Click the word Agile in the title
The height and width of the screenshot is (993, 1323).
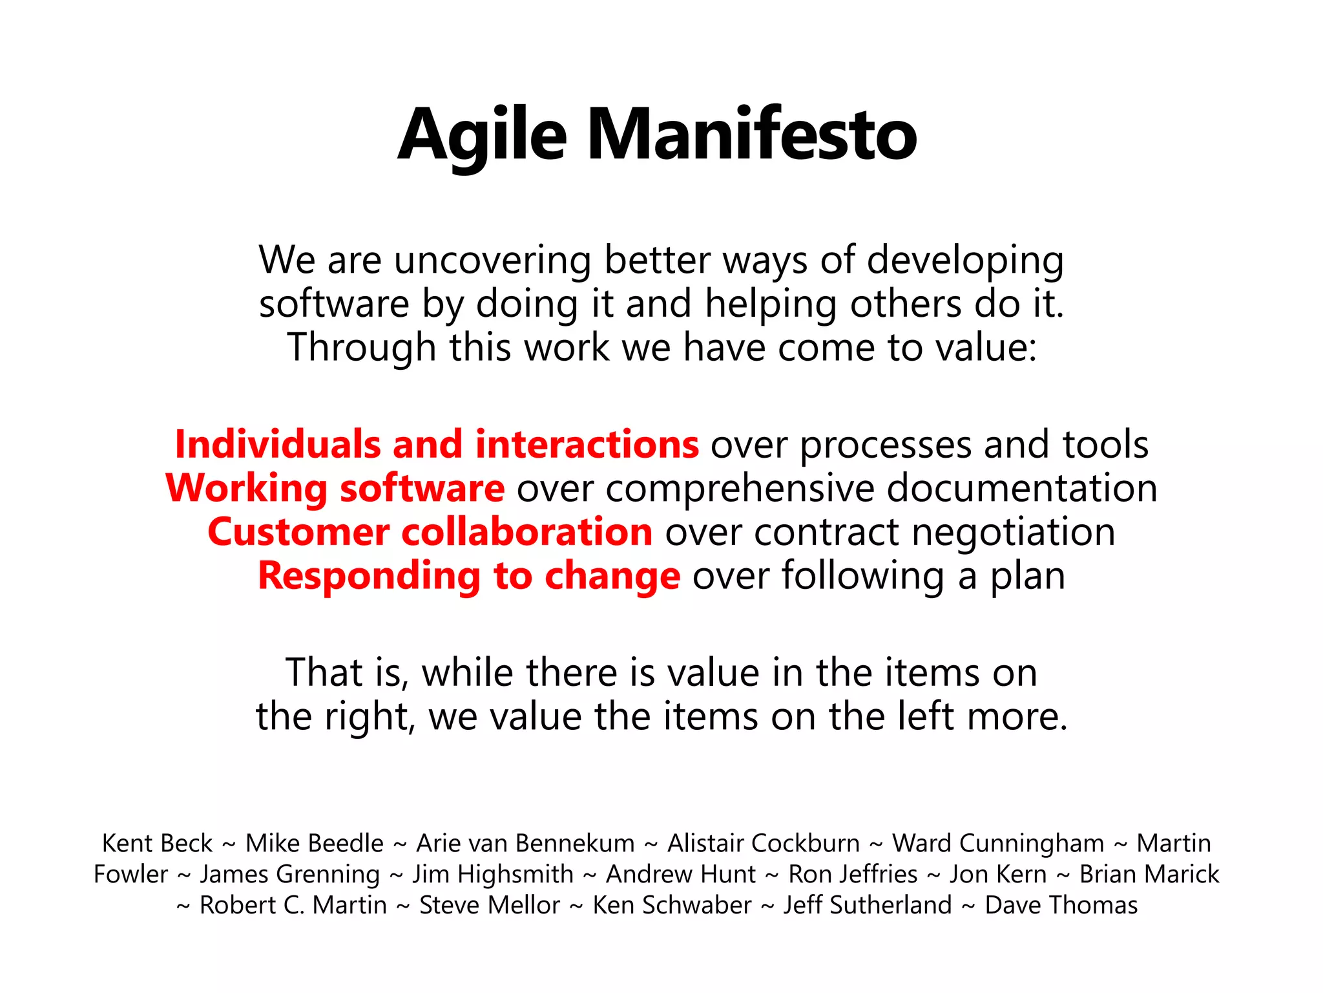click(x=482, y=136)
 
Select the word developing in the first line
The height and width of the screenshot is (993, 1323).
click(x=964, y=261)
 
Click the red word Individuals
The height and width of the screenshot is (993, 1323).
click(x=278, y=445)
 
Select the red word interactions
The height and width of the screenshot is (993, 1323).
click(x=587, y=445)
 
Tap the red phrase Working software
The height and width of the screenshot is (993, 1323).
click(x=335, y=488)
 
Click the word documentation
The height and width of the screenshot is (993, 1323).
click(x=1021, y=488)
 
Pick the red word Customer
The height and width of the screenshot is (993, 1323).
click(x=298, y=532)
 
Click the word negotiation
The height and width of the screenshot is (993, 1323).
click(x=1013, y=533)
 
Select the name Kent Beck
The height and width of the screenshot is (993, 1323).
click(x=157, y=844)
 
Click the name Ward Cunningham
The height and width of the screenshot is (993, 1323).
click(x=998, y=844)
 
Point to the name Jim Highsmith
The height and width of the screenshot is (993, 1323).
click(x=493, y=875)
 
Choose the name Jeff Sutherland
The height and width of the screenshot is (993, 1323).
click(x=868, y=905)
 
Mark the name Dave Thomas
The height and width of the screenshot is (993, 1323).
click(x=1061, y=905)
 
